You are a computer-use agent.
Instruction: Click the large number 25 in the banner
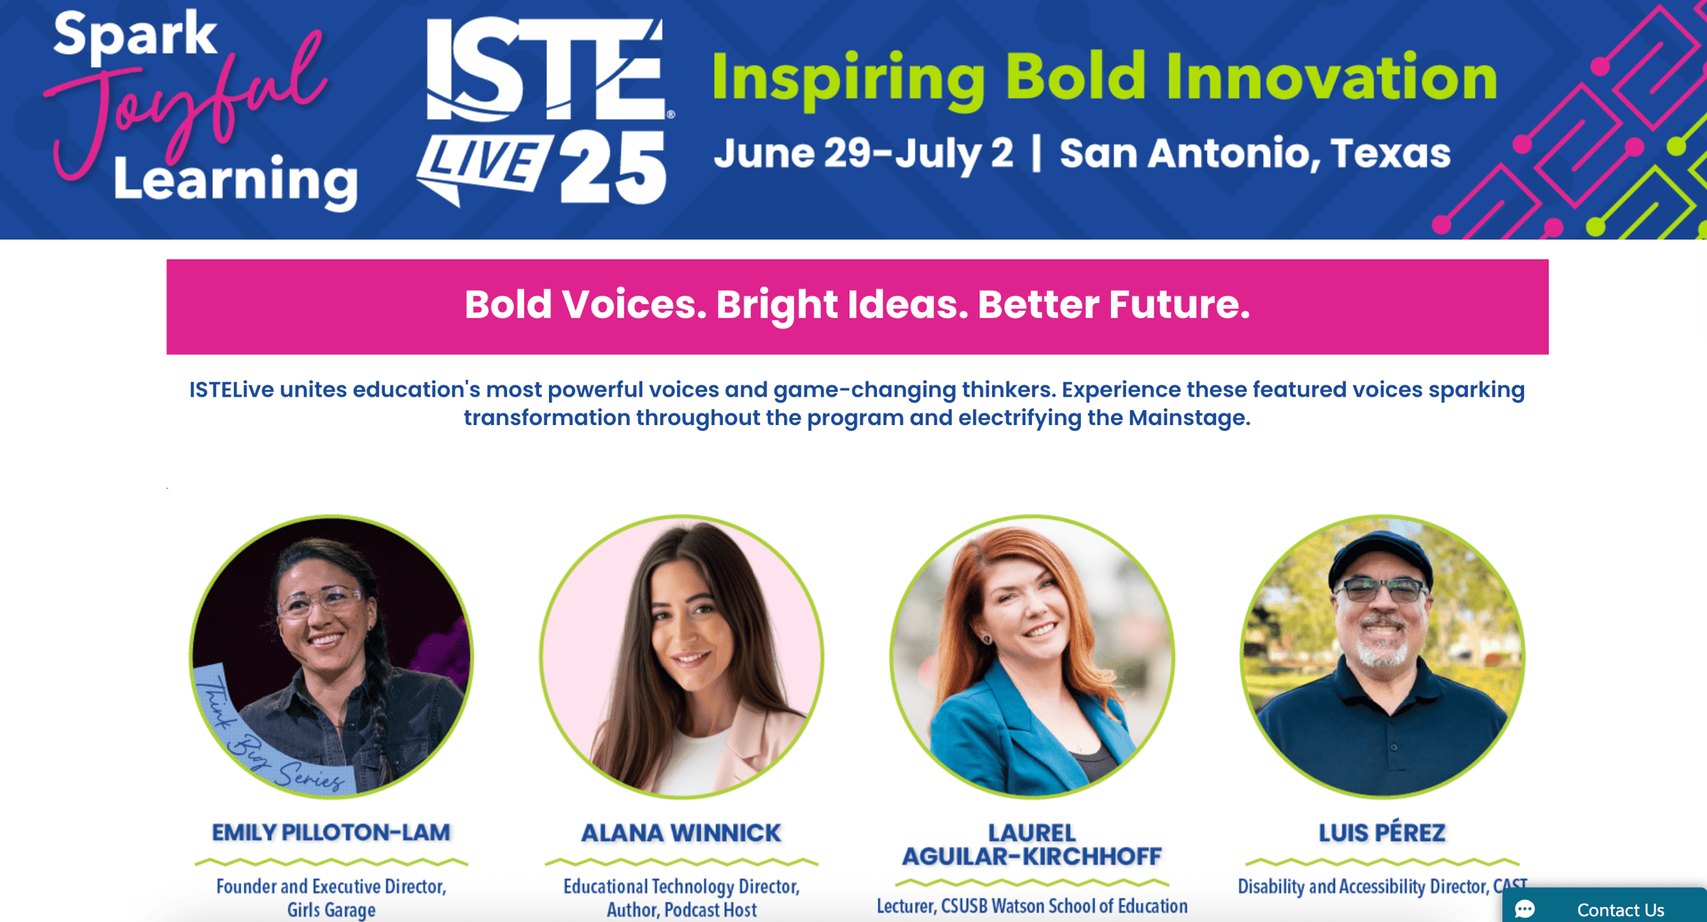tap(613, 168)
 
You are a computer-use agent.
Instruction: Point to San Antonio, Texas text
tap(1255, 154)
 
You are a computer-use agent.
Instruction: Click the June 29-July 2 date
tap(863, 154)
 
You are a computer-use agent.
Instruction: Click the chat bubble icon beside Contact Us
tap(1524, 909)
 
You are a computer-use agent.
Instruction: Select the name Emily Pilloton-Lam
tap(331, 832)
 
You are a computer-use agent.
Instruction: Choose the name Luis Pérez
tap(1382, 832)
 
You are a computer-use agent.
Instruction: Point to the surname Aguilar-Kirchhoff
tap(1032, 857)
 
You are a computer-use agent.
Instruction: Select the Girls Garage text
tap(331, 910)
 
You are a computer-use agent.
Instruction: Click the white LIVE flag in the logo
tap(484, 168)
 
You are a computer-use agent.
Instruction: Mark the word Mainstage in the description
tap(1188, 417)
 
